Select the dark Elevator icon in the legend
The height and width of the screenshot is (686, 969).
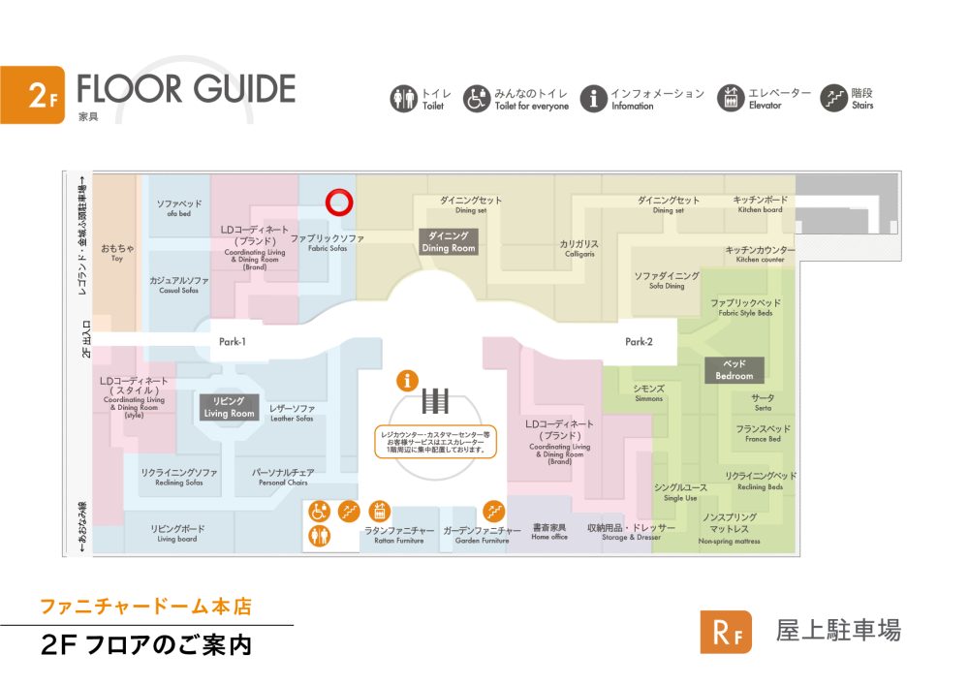[730, 98]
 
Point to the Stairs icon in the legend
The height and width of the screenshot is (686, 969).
[833, 98]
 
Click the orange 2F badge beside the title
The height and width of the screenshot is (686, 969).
[32, 95]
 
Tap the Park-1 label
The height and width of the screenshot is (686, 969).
[233, 342]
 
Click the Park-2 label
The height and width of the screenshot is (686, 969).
[639, 342]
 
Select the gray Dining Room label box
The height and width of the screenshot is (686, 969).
[448, 241]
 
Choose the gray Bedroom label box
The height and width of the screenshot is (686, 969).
[734, 369]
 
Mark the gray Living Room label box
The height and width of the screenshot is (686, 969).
[229, 407]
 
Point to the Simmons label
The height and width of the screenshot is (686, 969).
[648, 392]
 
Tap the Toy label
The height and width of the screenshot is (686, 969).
[117, 253]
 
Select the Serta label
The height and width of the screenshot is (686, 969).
[763, 402]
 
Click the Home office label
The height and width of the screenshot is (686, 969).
[549, 532]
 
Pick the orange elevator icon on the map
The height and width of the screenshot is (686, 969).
[381, 510]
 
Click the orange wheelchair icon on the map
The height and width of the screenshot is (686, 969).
[319, 511]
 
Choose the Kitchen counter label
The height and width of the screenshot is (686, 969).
[760, 254]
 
